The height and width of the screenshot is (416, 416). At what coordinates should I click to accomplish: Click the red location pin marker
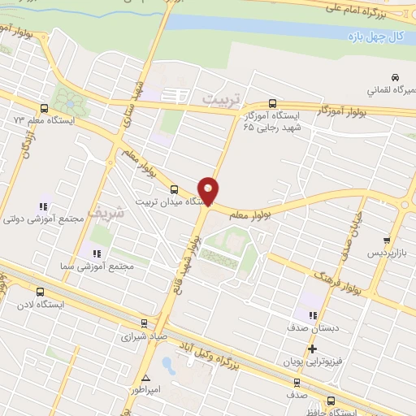click(209, 191)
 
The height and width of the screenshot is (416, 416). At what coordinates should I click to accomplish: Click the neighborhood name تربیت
click(216, 98)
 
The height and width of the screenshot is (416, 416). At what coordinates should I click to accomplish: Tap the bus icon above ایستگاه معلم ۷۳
click(45, 108)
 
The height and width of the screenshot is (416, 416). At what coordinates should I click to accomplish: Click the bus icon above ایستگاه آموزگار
click(271, 104)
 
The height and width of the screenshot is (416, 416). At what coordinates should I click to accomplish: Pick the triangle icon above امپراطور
click(145, 378)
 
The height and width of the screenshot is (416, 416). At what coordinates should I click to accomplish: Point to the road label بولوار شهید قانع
click(188, 259)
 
